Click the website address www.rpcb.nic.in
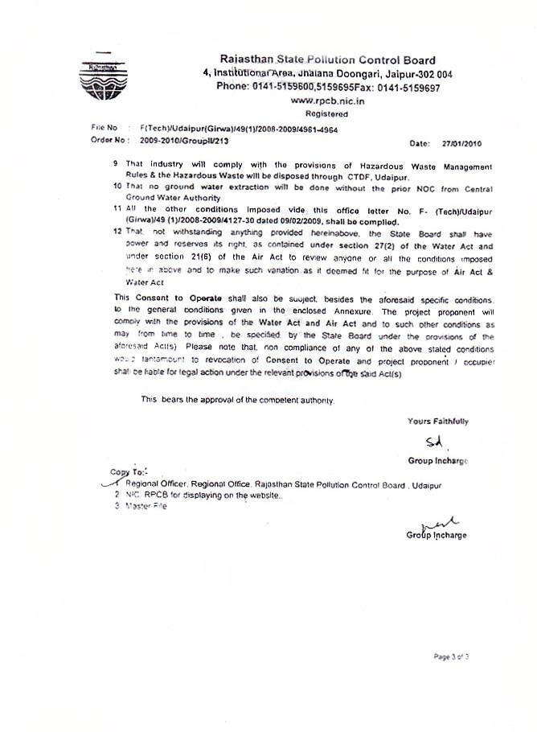327,101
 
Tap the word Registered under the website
327,115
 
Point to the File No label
105,127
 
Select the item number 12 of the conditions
117,230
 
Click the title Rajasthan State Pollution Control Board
328,60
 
